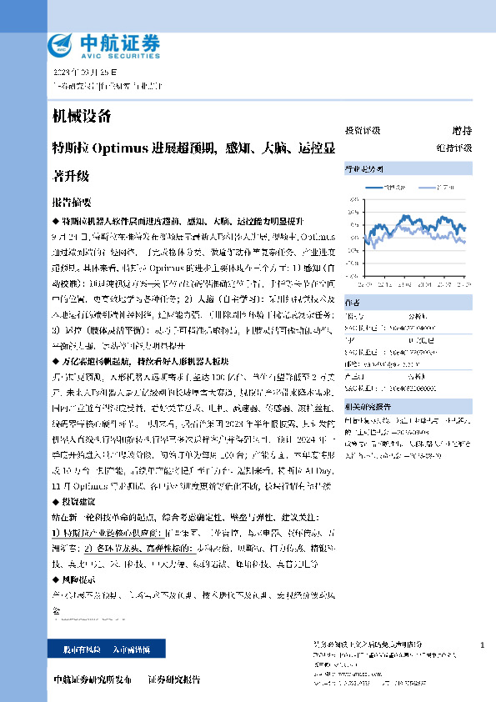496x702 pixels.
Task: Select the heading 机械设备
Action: pyautogui.click(x=81, y=117)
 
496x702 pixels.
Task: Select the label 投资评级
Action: pyautogui.click(x=362, y=131)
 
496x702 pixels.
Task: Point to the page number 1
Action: pyautogui.click(x=483, y=646)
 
